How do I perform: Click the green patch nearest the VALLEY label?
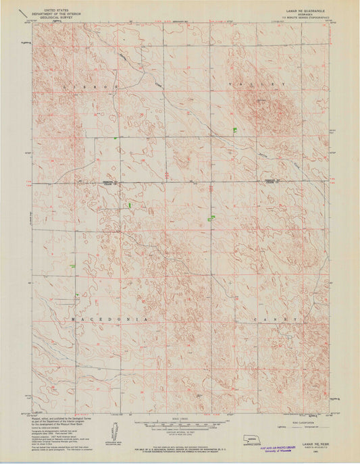pos(234,129)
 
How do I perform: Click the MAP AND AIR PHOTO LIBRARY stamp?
pos(283,447)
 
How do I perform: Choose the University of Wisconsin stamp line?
pos(283,451)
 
